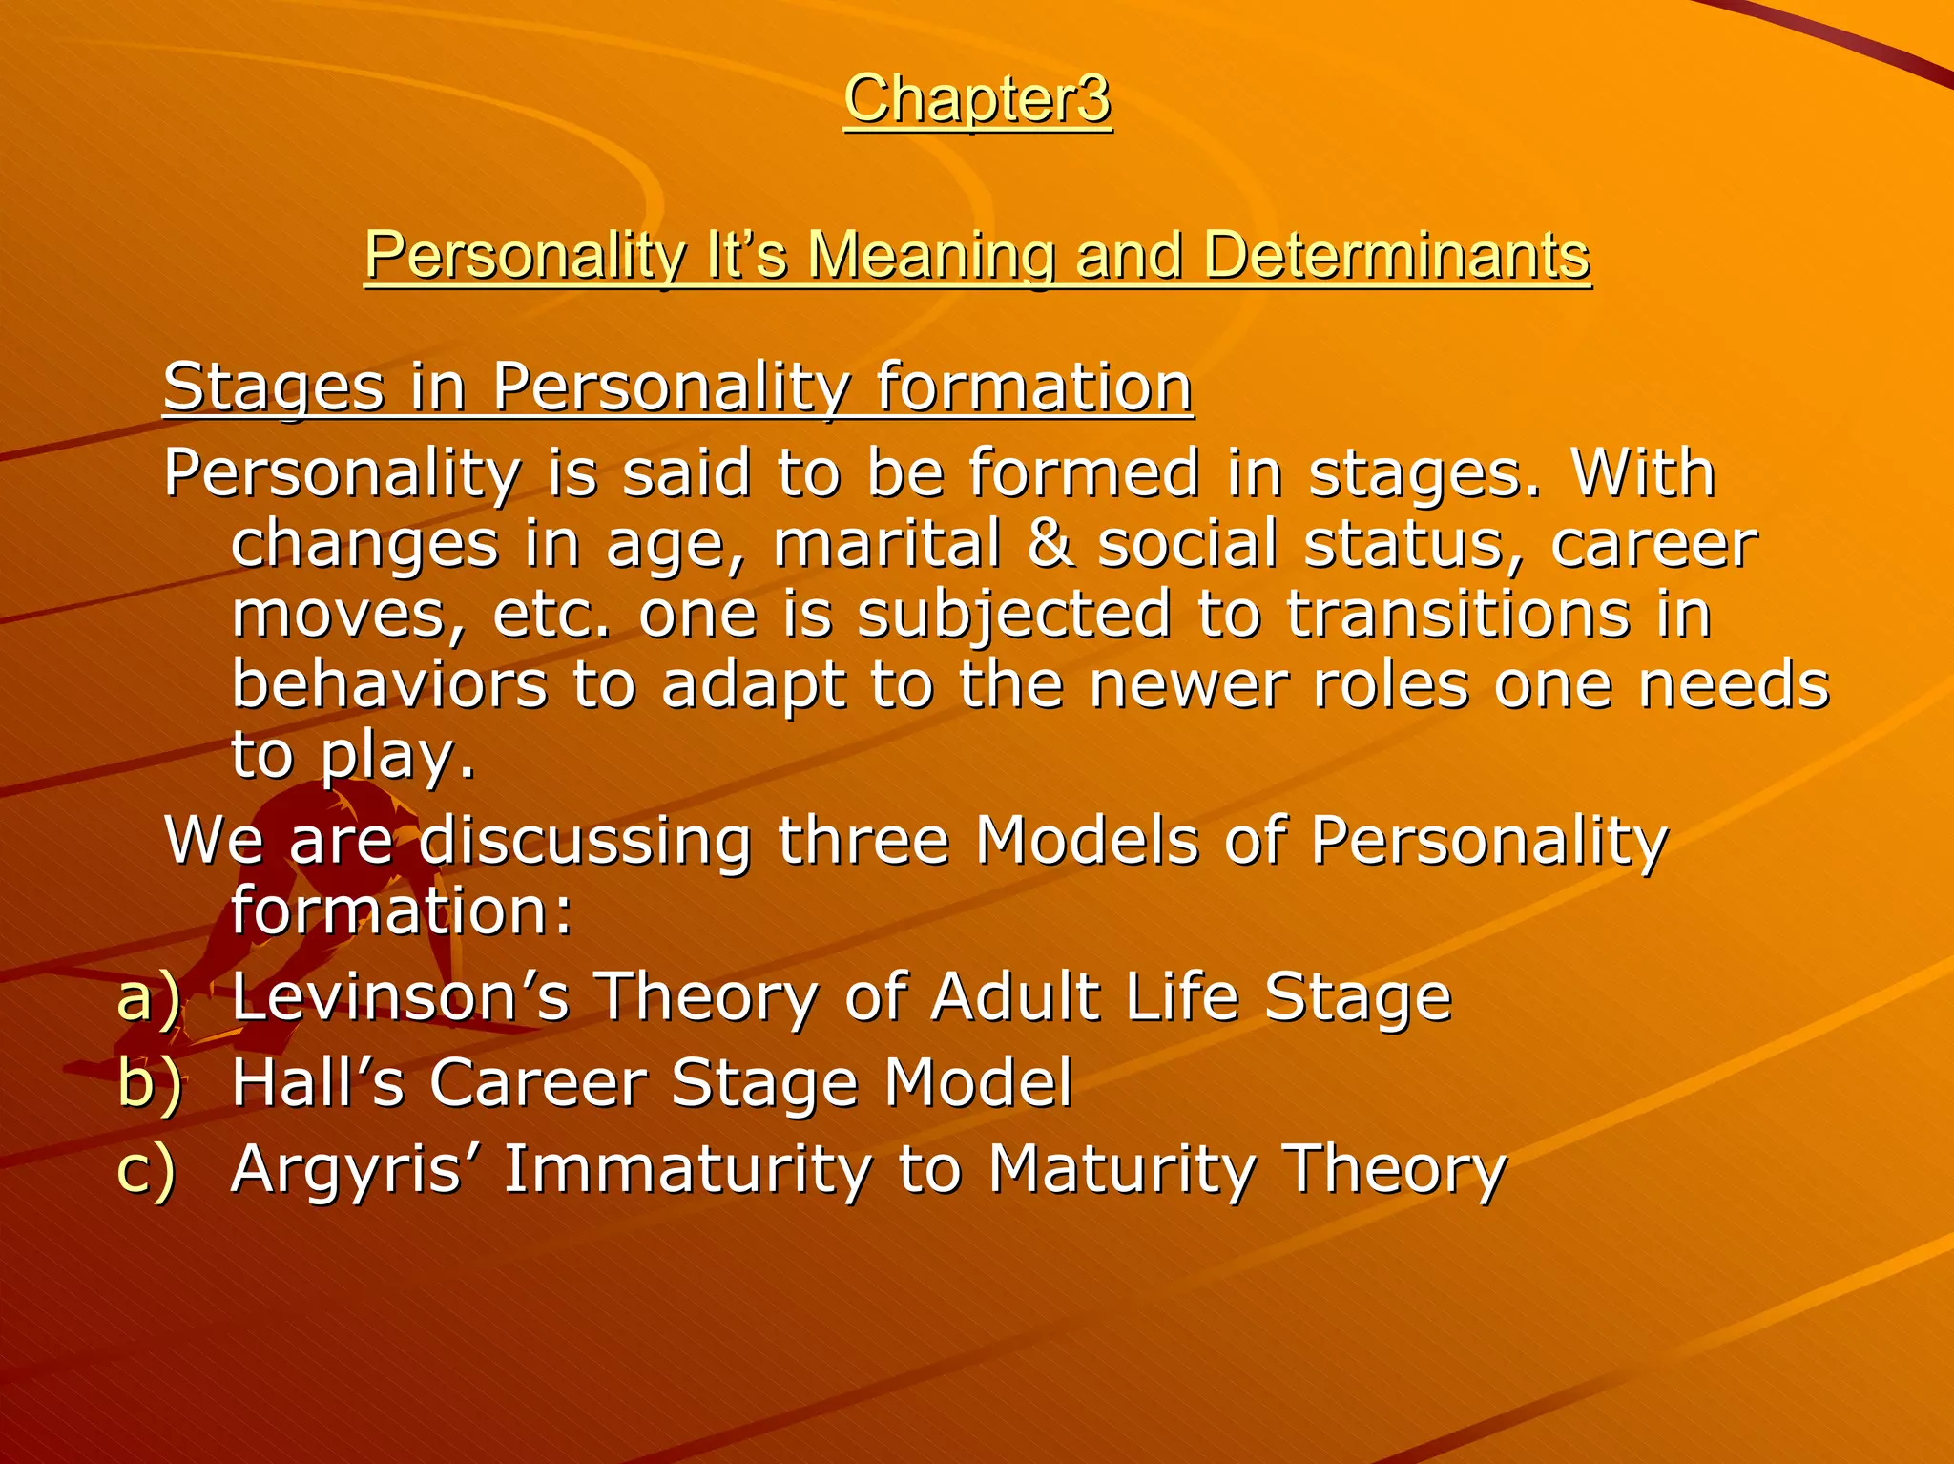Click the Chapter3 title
tap(977, 99)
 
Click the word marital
tap(886, 544)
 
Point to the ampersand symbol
tap(1050, 544)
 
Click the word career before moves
tap(1653, 544)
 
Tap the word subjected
tap(1013, 615)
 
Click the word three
tap(863, 842)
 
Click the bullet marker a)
tap(149, 998)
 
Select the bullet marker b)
tap(149, 1084)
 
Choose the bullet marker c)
tap(147, 1170)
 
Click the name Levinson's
tap(401, 998)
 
